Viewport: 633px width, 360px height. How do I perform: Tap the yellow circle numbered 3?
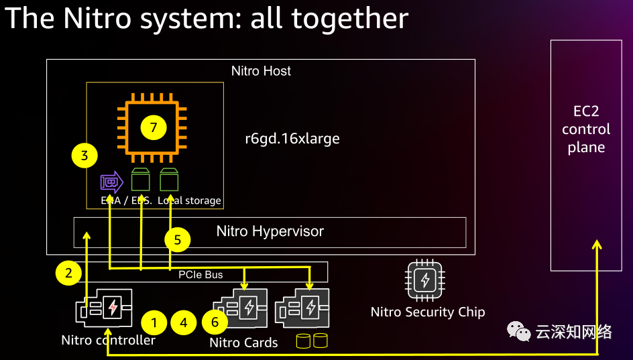click(84, 156)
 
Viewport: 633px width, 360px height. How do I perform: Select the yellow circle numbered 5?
click(178, 240)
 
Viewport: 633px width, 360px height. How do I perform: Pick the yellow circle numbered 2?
click(68, 273)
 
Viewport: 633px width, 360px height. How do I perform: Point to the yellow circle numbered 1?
click(154, 323)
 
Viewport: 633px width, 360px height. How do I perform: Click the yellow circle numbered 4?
click(183, 323)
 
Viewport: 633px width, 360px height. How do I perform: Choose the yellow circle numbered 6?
click(215, 323)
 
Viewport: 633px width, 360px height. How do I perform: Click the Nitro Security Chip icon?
click(424, 280)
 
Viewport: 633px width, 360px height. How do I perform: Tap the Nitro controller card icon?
click(104, 308)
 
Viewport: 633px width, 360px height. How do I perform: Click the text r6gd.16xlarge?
click(292, 139)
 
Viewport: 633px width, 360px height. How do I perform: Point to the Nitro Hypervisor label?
click(270, 232)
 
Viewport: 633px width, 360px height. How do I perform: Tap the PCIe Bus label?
click(200, 274)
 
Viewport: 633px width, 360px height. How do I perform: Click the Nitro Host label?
click(261, 71)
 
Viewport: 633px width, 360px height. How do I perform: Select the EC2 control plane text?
click(586, 129)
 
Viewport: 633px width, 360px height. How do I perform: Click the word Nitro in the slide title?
click(94, 18)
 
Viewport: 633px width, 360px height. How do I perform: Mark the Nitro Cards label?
click(243, 343)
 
